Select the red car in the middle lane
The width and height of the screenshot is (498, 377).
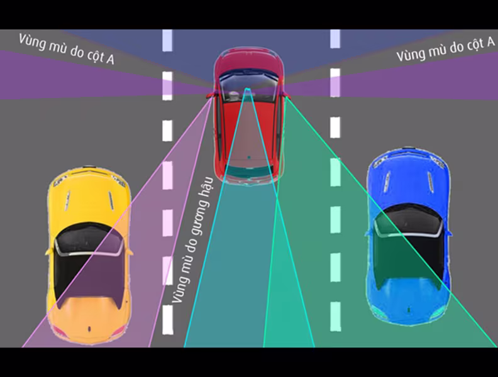[248, 116]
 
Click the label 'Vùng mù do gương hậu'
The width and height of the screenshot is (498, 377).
[192, 240]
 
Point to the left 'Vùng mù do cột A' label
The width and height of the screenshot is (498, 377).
[67, 48]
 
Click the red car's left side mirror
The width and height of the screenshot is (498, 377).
[209, 96]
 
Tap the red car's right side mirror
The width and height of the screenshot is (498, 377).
[287, 96]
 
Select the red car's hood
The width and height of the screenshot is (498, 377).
[248, 62]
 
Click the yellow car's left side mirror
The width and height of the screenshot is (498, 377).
[48, 252]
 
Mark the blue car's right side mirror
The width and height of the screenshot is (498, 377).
[450, 233]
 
